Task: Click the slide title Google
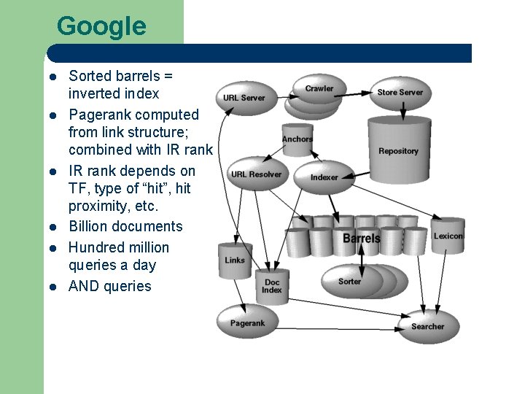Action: click(101, 26)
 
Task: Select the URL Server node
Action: click(244, 98)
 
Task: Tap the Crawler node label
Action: click(319, 88)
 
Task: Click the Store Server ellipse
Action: click(400, 93)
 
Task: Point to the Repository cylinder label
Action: click(398, 151)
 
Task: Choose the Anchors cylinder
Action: click(297, 139)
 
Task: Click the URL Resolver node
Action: click(255, 174)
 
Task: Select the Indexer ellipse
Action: click(324, 177)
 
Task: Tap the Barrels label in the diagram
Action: click(362, 238)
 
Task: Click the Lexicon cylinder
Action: click(448, 236)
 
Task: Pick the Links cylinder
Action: click(236, 260)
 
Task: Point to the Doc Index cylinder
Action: click(272, 286)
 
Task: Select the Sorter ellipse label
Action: click(349, 281)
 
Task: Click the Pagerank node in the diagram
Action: click(247, 323)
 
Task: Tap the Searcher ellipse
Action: click(427, 326)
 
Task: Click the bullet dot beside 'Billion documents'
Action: click(54, 227)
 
